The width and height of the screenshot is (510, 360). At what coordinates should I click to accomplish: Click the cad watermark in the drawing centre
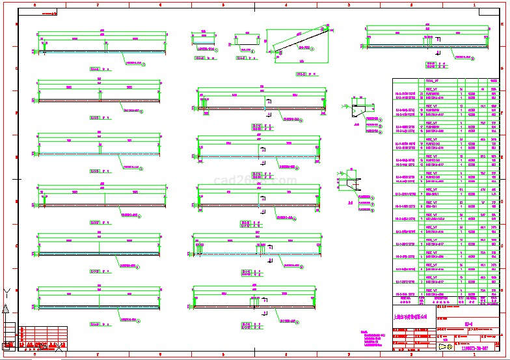[x=255, y=180]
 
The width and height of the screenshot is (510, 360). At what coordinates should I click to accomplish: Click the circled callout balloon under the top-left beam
[x=144, y=64]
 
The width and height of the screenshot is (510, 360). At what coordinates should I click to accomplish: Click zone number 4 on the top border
[x=286, y=5]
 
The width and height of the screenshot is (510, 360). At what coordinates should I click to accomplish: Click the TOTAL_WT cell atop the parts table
[x=431, y=81]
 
